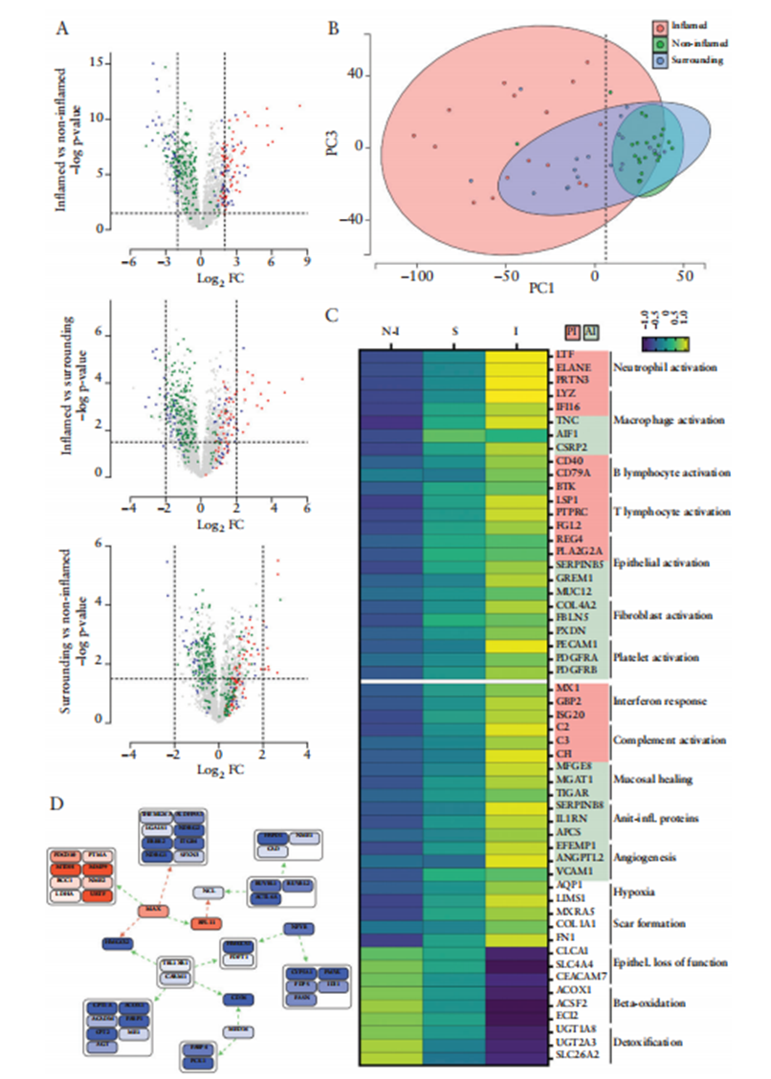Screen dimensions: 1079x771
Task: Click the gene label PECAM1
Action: [574, 644]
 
